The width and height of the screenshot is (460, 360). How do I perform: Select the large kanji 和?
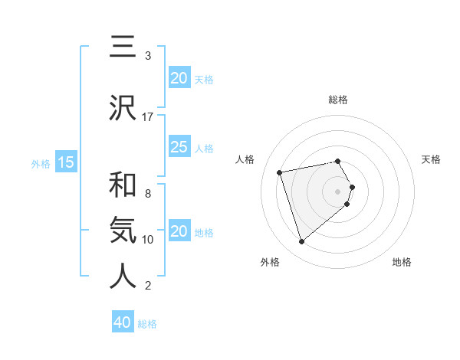click(x=123, y=185)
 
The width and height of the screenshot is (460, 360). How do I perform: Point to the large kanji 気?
click(x=123, y=230)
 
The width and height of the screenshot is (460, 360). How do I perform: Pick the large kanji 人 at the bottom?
click(x=123, y=277)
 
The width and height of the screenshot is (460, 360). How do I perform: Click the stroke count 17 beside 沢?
click(x=148, y=117)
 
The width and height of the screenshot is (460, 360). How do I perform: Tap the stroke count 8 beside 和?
click(x=148, y=194)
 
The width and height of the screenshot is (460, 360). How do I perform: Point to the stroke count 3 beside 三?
click(x=148, y=56)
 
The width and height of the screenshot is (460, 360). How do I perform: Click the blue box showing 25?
click(x=179, y=147)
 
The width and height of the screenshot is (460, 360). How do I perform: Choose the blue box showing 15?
click(x=66, y=162)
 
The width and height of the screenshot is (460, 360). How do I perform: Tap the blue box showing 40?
click(x=123, y=322)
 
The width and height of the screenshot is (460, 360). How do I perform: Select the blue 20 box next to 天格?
click(x=179, y=78)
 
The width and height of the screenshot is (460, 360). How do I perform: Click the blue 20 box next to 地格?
click(x=179, y=231)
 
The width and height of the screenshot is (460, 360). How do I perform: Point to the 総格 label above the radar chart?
click(x=338, y=100)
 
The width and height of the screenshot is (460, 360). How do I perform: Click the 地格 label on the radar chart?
click(x=402, y=263)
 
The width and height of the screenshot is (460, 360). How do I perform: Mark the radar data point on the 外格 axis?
click(x=301, y=241)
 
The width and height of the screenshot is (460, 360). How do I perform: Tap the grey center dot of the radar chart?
click(x=338, y=190)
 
